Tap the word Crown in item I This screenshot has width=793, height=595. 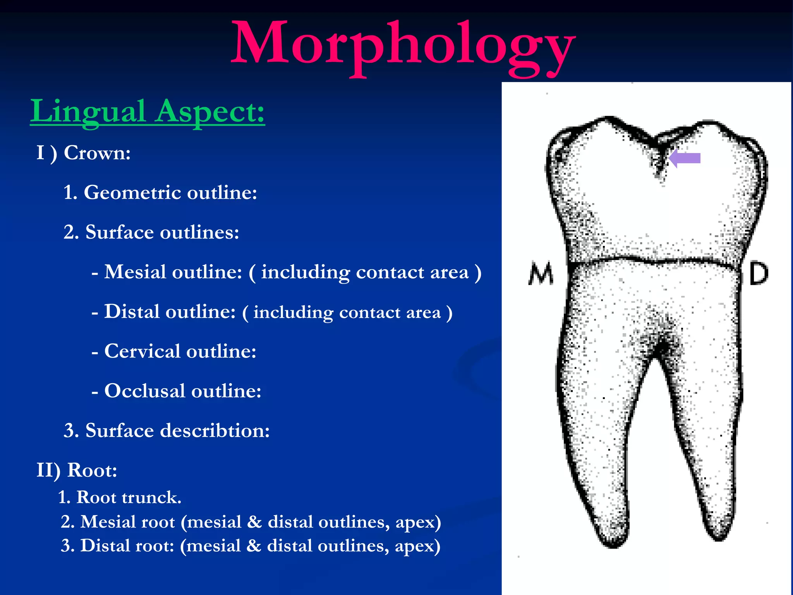coord(97,153)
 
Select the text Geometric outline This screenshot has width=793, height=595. coord(170,193)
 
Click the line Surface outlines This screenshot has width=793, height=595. coord(162,232)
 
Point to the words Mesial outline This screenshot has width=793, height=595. coord(173,272)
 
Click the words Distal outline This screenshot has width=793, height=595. coord(170,312)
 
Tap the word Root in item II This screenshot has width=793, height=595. coord(92,470)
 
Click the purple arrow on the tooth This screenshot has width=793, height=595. coord(685,158)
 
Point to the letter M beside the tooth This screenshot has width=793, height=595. coord(541,274)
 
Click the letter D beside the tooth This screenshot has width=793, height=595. coord(758,274)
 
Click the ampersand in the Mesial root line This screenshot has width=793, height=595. coord(254,522)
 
